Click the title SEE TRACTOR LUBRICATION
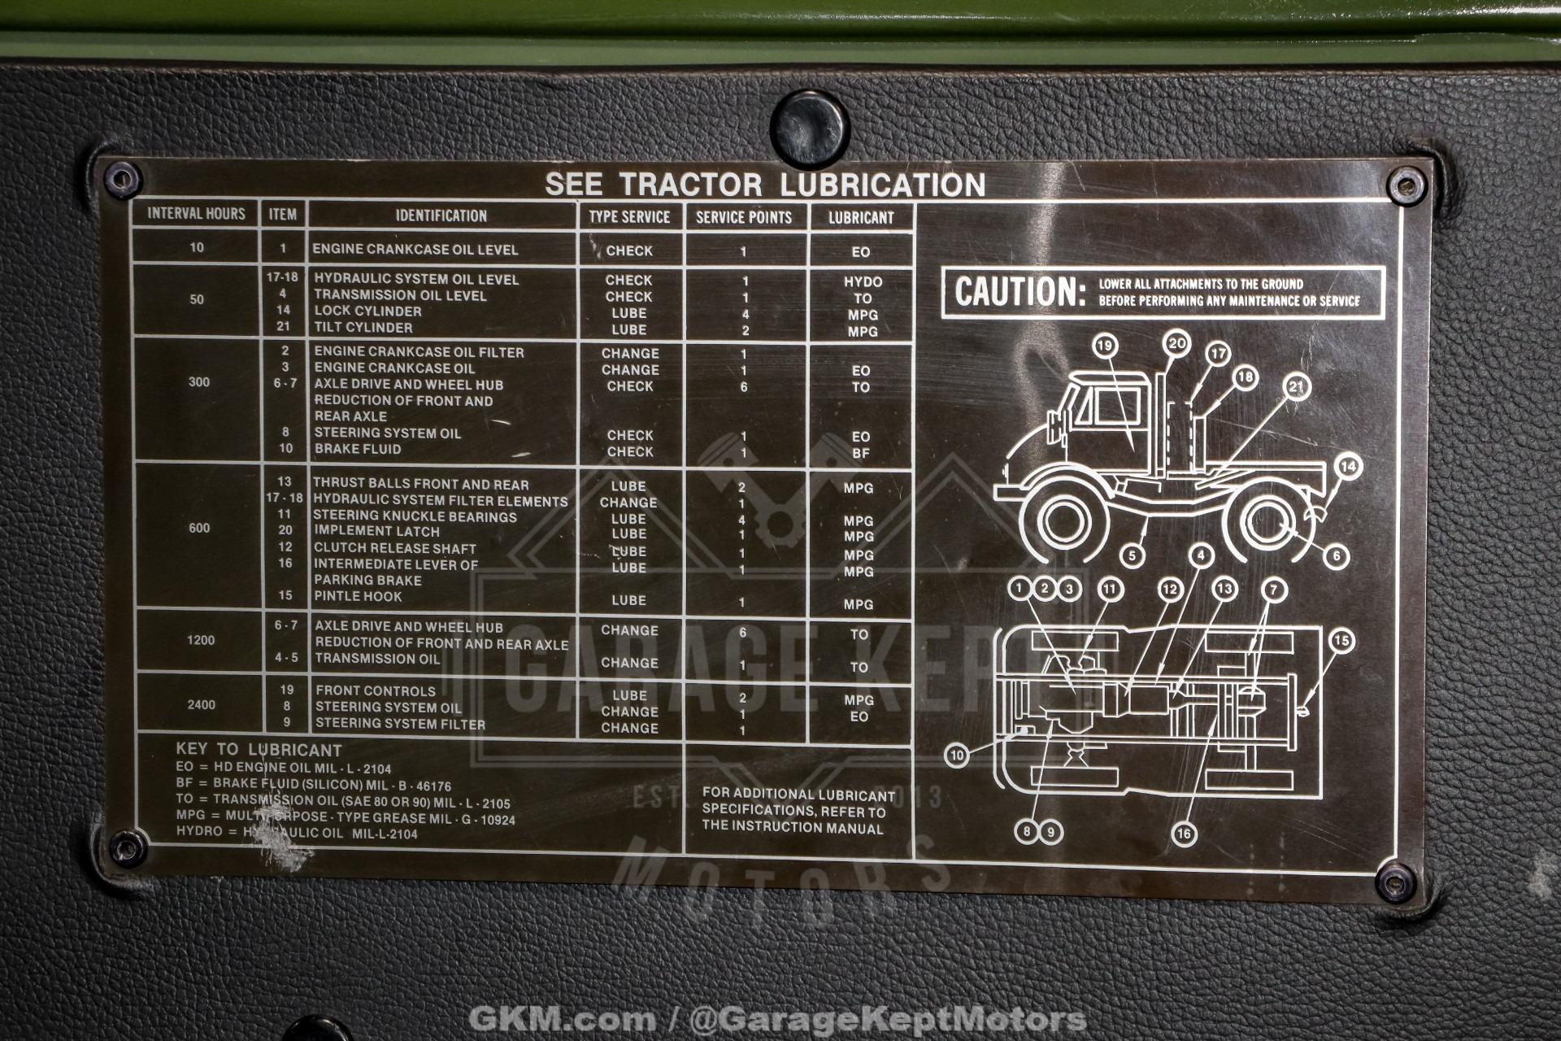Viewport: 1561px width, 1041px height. coord(764,184)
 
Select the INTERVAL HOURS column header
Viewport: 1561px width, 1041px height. coord(196,214)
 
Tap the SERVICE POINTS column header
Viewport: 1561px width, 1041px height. coord(743,217)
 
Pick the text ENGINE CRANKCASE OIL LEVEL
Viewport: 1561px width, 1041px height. coord(415,250)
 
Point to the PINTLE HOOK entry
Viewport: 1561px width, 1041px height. coord(358,596)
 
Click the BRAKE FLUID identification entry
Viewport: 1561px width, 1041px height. coord(357,449)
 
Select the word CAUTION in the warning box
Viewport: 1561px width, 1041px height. coord(1020,292)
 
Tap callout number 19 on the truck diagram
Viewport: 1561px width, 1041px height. coord(1105,346)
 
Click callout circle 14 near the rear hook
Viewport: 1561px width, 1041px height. coord(1348,466)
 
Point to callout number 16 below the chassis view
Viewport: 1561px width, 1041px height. coord(1183,833)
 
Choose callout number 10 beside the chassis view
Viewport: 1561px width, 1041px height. coord(957,756)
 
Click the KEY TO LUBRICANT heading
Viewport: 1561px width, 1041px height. coord(259,750)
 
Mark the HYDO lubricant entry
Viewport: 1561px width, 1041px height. coord(862,281)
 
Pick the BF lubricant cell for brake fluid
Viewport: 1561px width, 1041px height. coord(860,453)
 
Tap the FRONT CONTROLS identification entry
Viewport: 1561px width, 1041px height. coord(375,690)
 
